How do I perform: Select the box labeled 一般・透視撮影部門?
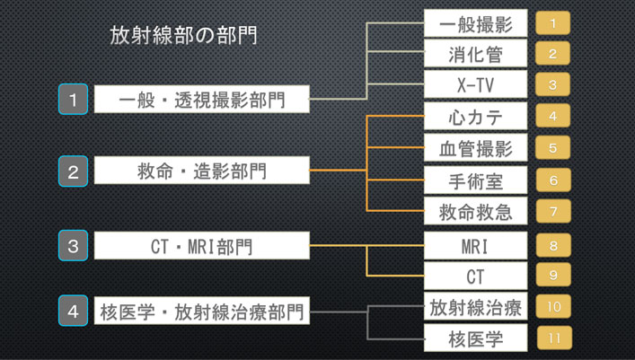(x=201, y=99)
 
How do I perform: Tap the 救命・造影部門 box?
(x=201, y=170)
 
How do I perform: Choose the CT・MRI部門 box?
(x=201, y=244)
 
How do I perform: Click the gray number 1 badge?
(x=73, y=99)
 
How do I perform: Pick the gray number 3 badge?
(x=73, y=244)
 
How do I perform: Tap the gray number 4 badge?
(x=73, y=312)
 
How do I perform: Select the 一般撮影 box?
(x=474, y=22)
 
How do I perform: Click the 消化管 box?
(x=474, y=54)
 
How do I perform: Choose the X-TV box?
(x=474, y=84)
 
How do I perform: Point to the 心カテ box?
(x=474, y=117)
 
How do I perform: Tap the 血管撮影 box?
(x=474, y=148)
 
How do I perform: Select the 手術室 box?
(x=474, y=180)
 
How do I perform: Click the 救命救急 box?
(x=474, y=212)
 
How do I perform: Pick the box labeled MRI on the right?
(x=474, y=244)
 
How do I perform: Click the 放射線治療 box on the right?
(x=474, y=307)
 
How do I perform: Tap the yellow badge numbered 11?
(x=553, y=338)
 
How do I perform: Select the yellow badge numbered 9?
(x=553, y=276)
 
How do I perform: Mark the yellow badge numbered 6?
(x=553, y=180)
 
